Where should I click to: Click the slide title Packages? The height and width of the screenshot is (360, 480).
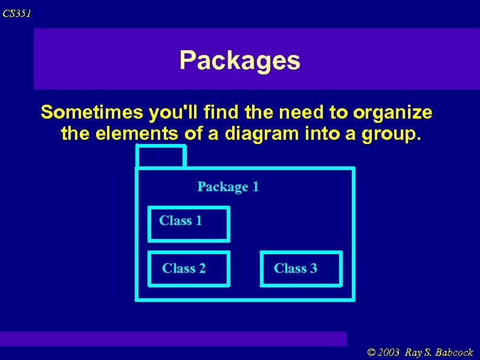click(239, 61)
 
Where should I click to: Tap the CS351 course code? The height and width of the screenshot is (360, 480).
click(17, 13)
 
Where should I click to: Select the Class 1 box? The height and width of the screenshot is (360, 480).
click(189, 224)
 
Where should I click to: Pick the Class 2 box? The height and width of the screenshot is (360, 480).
click(189, 268)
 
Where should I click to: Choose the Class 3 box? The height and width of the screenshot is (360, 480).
click(300, 268)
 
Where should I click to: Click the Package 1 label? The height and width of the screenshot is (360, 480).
click(228, 187)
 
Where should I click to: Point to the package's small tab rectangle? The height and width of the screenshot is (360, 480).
click(160, 157)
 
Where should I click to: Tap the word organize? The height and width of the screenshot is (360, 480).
click(393, 113)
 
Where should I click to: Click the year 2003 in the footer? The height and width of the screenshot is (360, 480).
click(391, 353)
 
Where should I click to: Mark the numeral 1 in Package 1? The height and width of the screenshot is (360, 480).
click(255, 187)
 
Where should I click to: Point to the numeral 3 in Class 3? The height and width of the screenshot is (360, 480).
click(313, 268)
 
